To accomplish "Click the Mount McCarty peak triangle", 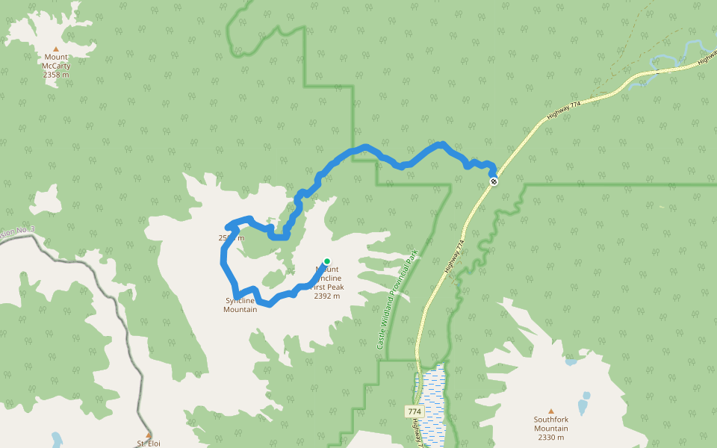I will coord(55,49).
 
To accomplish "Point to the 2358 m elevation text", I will coord(56,75).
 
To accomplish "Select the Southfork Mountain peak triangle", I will coord(551,411).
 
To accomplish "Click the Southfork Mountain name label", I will coord(551,424).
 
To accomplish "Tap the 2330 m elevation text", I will coord(551,438).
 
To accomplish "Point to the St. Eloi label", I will coord(148,444).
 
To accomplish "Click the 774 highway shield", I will coord(415,411).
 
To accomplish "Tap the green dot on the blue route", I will coord(326,261).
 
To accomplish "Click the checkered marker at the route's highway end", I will coord(493,181).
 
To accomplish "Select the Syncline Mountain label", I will coord(240,305).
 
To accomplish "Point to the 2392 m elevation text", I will coord(327,296).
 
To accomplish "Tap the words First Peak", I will coord(329,287).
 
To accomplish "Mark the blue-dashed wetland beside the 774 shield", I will coord(432,396).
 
